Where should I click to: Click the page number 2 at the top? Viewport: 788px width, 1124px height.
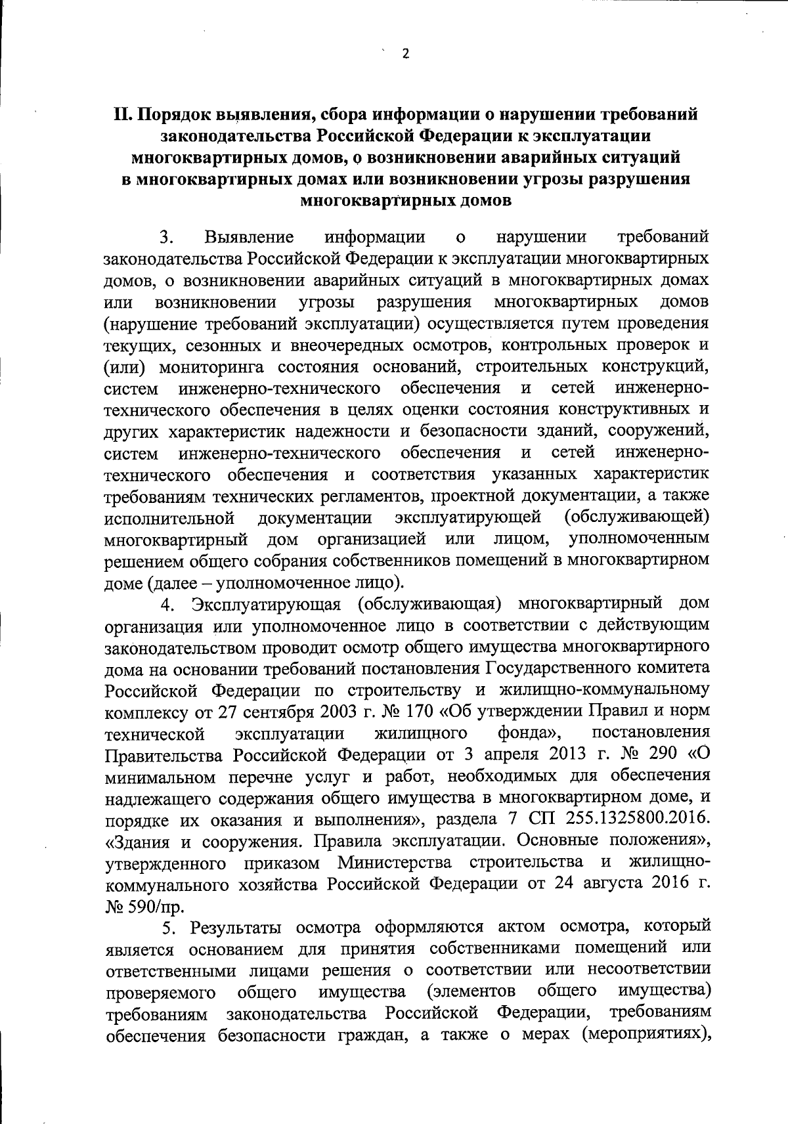405,54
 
